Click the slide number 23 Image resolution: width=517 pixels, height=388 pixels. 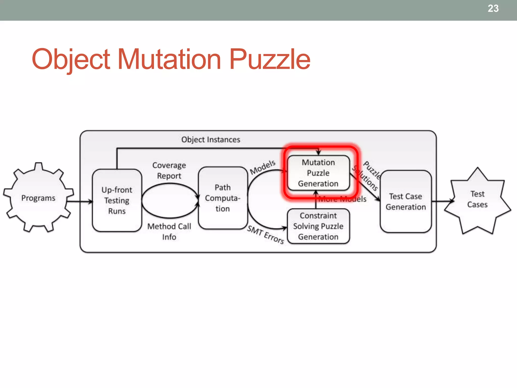(x=493, y=9)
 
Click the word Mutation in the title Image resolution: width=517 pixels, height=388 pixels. (x=169, y=59)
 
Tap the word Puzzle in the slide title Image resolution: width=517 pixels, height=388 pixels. (x=270, y=59)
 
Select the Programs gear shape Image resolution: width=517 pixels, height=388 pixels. (x=38, y=198)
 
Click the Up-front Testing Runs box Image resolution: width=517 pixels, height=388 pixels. (x=117, y=200)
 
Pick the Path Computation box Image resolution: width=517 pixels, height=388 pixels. (x=223, y=198)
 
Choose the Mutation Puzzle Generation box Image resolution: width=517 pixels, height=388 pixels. (x=318, y=173)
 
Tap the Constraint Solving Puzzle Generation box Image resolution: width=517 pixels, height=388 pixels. (x=318, y=226)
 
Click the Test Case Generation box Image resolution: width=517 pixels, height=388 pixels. (x=406, y=202)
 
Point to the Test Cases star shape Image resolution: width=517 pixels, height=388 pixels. (x=477, y=200)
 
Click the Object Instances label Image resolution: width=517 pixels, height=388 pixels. (x=211, y=139)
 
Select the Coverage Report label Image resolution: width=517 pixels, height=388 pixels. (x=169, y=171)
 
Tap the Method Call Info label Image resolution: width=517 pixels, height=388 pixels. (x=169, y=232)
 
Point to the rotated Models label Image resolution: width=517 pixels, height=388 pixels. (x=263, y=167)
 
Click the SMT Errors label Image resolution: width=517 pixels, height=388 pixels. (x=266, y=235)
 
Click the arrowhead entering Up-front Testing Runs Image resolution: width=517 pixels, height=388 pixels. (x=91, y=202)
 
